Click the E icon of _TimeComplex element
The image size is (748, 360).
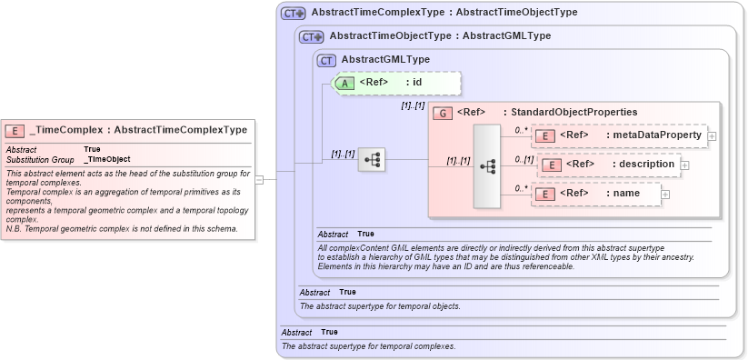click(x=15, y=130)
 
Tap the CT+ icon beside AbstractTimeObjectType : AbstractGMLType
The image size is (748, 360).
click(x=312, y=36)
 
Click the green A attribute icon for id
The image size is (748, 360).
click(x=344, y=83)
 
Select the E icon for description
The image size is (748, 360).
click(x=550, y=165)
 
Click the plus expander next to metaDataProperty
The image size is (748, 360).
click(x=712, y=136)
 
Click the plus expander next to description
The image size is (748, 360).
click(x=684, y=165)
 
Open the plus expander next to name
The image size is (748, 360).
click(x=664, y=195)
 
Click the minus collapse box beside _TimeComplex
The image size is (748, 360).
click(x=259, y=179)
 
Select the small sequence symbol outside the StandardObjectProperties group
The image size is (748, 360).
click(x=372, y=160)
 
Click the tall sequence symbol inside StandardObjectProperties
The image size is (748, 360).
click(x=487, y=166)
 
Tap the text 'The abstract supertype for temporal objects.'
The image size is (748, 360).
click(x=380, y=306)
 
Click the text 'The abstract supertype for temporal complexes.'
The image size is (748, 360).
click(x=368, y=346)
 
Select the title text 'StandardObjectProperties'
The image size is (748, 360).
click(x=573, y=112)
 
